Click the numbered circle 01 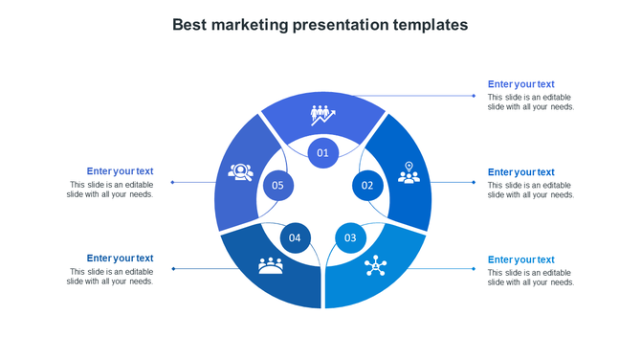point(323,152)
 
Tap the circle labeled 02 point(367,185)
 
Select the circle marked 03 point(350,237)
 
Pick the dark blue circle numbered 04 point(296,237)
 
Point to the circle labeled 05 point(278,185)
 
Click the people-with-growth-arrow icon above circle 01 point(322,115)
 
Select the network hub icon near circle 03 point(374,267)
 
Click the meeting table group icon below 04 point(271,265)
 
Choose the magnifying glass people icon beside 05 point(239,172)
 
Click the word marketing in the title point(251,25)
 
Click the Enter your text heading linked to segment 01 point(520,84)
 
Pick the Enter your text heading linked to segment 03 point(520,259)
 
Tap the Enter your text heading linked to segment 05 point(120,171)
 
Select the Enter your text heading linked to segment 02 point(520,172)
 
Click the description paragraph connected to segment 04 point(110,277)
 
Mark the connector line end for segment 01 point(475,96)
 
